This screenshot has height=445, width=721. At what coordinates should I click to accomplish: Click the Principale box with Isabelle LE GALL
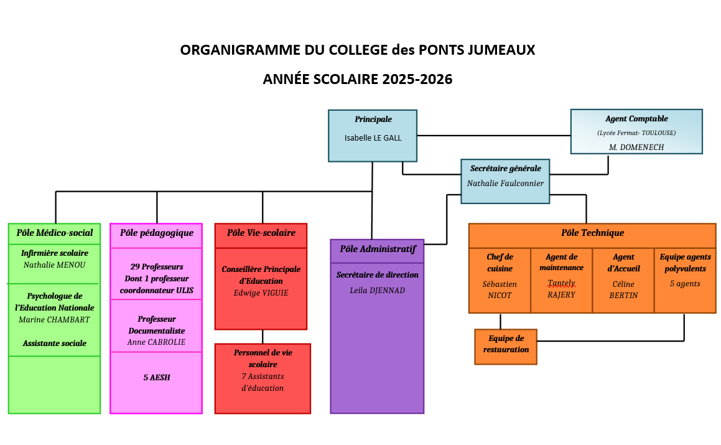(373, 136)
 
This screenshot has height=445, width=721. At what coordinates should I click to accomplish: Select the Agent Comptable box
(636, 131)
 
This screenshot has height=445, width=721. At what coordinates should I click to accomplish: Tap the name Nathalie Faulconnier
(505, 183)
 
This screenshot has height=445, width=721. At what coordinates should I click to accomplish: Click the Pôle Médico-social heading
(55, 233)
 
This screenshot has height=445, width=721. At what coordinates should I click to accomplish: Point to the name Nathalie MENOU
(54, 265)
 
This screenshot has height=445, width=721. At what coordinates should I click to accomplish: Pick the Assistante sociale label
(55, 343)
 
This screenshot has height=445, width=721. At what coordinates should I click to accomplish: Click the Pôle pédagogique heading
(156, 233)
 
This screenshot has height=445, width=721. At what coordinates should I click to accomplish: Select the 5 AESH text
(157, 377)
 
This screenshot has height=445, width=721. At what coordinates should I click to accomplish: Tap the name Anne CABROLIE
(156, 342)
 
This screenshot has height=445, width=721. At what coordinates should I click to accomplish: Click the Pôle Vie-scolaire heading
(261, 233)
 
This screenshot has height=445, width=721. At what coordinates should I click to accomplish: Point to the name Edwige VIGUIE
(261, 293)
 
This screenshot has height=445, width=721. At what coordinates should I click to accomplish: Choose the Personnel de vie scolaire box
(263, 379)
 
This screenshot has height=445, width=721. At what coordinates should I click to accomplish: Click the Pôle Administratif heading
(378, 249)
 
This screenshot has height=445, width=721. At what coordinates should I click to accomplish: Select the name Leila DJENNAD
(377, 291)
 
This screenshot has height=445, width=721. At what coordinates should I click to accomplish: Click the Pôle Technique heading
(592, 233)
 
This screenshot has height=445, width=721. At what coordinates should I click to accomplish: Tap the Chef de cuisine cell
(500, 281)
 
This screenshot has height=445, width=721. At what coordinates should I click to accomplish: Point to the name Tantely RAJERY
(561, 289)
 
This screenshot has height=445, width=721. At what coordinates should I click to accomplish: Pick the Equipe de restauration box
(506, 347)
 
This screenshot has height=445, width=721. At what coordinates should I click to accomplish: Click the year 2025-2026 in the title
(417, 79)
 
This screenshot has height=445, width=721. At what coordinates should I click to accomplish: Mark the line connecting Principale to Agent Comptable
(494, 135)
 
